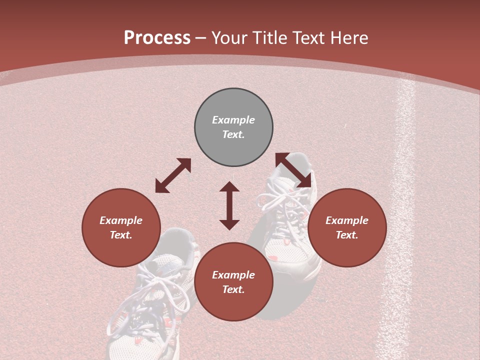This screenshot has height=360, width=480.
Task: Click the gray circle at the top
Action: [x=233, y=127]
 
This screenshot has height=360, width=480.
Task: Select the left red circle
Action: [x=121, y=227]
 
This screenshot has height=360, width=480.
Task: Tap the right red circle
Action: [x=347, y=227]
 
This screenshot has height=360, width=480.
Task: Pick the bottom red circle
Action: [x=233, y=282]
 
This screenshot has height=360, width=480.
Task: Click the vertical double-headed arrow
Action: [x=229, y=205]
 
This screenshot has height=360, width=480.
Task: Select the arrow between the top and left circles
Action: [x=173, y=175]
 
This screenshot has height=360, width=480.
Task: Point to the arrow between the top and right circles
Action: [x=293, y=170]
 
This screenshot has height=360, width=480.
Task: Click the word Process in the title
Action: [x=157, y=38]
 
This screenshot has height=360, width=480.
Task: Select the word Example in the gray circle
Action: [x=233, y=120]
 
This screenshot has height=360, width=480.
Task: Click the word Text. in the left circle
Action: [x=121, y=235]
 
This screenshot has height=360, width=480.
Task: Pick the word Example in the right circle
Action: [x=347, y=220]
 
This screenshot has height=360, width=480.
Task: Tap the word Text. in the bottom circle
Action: [x=233, y=289]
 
